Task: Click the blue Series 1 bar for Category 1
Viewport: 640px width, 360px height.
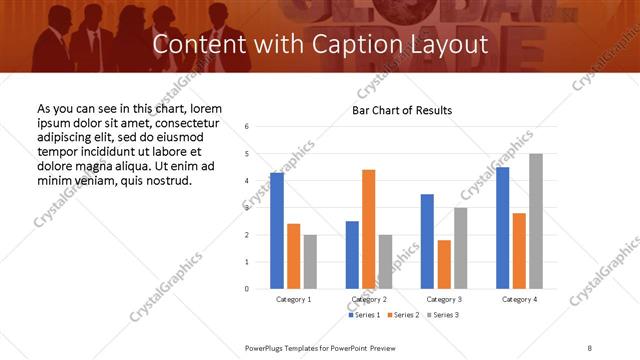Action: coord(277,231)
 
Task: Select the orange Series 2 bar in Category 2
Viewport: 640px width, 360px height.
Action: coord(369,229)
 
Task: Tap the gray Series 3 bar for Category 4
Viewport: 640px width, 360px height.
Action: coord(536,221)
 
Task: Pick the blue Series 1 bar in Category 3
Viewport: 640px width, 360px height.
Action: coord(427,241)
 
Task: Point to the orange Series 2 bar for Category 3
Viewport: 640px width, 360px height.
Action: coord(444,264)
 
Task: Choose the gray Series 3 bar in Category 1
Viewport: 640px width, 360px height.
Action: coord(310,261)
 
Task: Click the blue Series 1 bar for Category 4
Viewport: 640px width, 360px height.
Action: coord(503,228)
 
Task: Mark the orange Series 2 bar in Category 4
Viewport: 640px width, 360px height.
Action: coord(520,251)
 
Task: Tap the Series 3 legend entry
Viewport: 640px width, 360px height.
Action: coord(443,315)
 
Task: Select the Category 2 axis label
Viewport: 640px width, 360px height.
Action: coord(370,300)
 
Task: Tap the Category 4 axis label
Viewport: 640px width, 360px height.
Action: coord(520,300)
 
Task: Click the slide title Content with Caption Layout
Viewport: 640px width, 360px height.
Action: coord(320,45)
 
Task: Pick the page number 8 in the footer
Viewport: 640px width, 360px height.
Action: coord(589,347)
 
